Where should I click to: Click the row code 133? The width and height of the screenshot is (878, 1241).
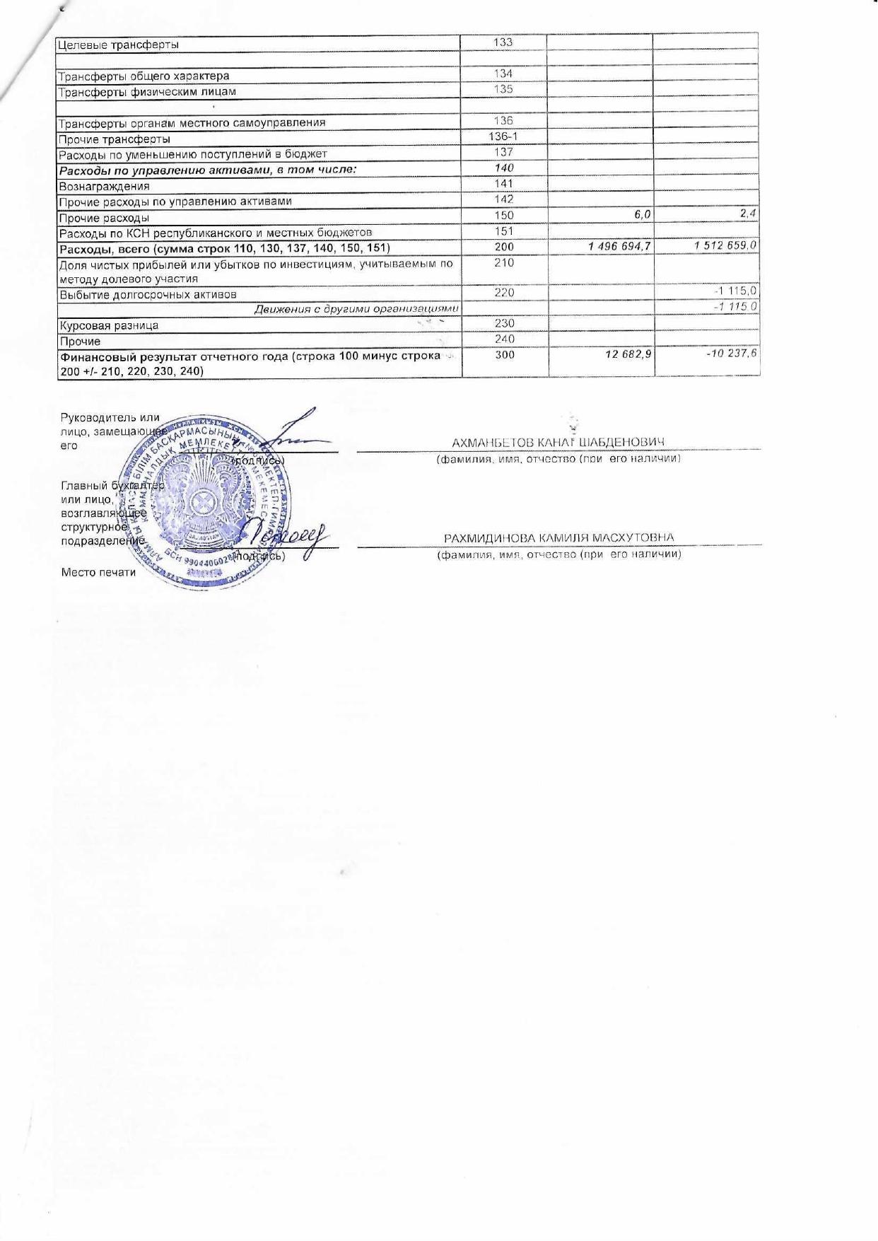click(503, 42)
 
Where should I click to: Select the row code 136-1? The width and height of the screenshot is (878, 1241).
click(503, 136)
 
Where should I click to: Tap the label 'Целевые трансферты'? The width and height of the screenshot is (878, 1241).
click(117, 45)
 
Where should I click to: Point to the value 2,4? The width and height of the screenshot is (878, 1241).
click(749, 213)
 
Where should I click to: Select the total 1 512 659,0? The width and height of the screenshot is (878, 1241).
click(725, 245)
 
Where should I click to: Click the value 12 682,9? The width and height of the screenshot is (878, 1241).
click(628, 354)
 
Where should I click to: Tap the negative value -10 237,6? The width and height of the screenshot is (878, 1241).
click(732, 351)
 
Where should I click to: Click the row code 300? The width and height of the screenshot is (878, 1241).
click(504, 355)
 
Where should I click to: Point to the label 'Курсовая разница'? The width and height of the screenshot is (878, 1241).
click(108, 326)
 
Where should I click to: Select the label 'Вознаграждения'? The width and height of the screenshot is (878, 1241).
click(104, 187)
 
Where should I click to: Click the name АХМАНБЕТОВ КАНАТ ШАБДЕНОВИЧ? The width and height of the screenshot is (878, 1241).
click(558, 443)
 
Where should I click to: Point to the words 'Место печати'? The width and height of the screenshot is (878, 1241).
click(98, 572)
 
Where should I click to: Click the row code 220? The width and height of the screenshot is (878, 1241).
click(504, 293)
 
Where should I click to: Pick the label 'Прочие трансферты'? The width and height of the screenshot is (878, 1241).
click(114, 139)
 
